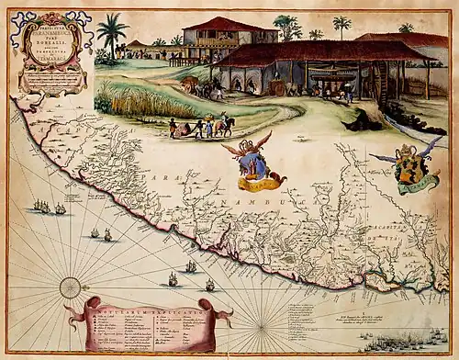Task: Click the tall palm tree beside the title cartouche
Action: point(112,34)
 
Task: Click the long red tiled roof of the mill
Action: point(312,51)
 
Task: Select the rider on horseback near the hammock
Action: point(224,123)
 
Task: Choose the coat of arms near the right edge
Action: point(406,169)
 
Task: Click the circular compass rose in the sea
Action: point(70,287)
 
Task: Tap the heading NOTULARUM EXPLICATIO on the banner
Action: point(147,309)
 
